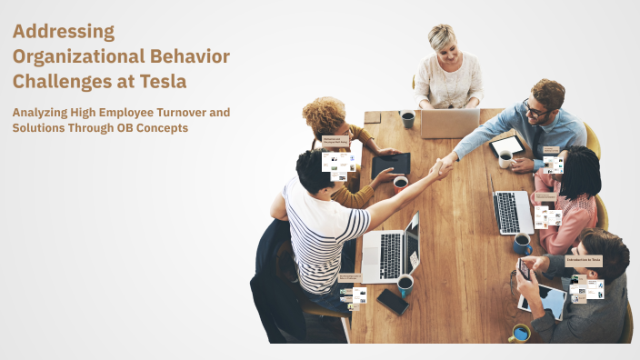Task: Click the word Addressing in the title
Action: click(64, 32)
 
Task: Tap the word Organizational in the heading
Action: click(72, 56)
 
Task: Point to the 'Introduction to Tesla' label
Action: click(583, 260)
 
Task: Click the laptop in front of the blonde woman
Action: click(449, 123)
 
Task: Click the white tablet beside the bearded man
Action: click(507, 144)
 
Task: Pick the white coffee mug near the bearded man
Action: click(505, 159)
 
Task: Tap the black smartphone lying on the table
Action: click(393, 302)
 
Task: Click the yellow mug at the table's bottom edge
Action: click(520, 334)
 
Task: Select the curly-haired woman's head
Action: click(325, 115)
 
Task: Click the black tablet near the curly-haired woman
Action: click(390, 165)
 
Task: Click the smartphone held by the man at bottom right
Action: click(524, 269)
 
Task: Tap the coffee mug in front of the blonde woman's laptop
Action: click(407, 118)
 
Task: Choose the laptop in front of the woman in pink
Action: click(512, 212)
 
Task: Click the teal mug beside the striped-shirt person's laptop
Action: click(405, 284)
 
